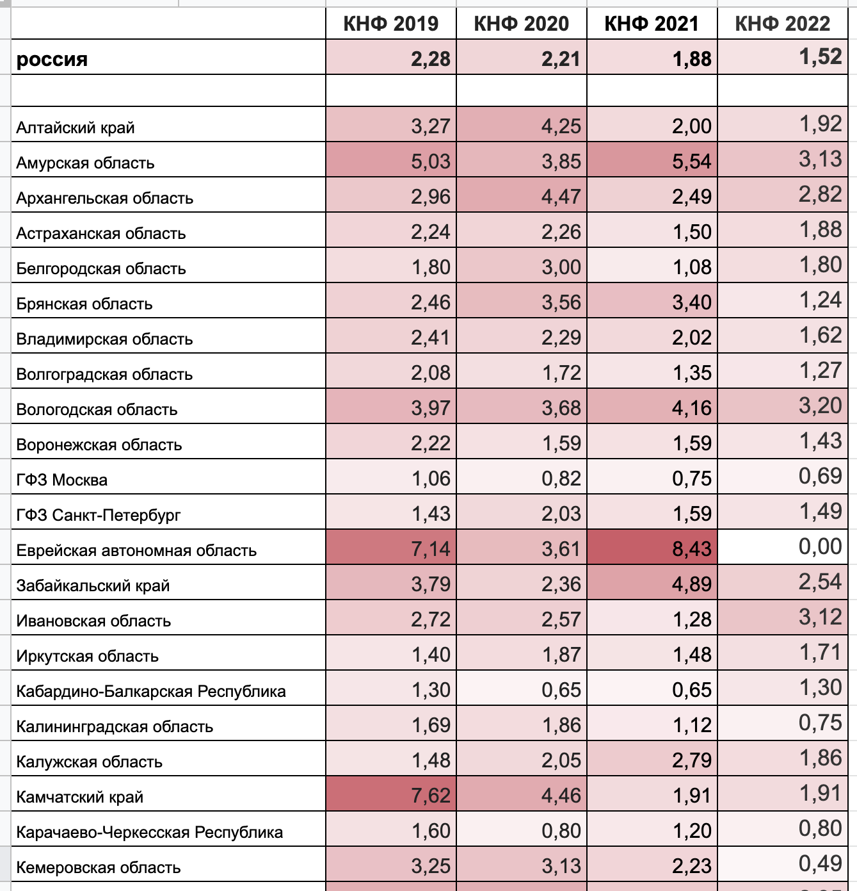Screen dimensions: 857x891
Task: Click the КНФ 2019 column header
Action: pyautogui.click(x=391, y=24)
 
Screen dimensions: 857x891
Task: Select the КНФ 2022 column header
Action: pyautogui.click(x=782, y=24)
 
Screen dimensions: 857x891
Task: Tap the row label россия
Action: pyautogui.click(x=52, y=59)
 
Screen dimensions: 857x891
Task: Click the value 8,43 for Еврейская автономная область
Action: pyautogui.click(x=691, y=548)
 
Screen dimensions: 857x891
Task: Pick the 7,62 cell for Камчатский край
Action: pyautogui.click(x=431, y=796)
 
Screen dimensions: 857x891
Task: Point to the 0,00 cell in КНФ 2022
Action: pyautogui.click(x=821, y=546)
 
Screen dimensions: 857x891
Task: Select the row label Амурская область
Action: pyautogui.click(x=85, y=163)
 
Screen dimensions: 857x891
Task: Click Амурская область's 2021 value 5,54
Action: pyautogui.click(x=691, y=161)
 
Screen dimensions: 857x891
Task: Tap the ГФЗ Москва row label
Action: pyautogui.click(x=62, y=480)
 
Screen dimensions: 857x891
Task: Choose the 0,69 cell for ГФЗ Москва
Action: pyautogui.click(x=821, y=476)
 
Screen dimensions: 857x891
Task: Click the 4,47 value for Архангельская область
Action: pyautogui.click(x=561, y=197)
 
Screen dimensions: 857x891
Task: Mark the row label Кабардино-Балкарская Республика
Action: pyautogui.click(x=151, y=691)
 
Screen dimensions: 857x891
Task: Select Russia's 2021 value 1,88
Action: pyautogui.click(x=692, y=59)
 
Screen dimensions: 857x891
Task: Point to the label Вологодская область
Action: pyautogui.click(x=97, y=409)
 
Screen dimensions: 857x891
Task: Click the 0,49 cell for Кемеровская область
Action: pyautogui.click(x=821, y=863)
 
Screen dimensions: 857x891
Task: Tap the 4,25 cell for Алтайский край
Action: pyautogui.click(x=561, y=126)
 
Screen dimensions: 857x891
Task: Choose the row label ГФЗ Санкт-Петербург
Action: pyautogui.click(x=99, y=515)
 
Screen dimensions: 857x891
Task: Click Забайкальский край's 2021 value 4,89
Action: pyautogui.click(x=691, y=584)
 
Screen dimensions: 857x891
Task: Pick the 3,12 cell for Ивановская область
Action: pyautogui.click(x=821, y=617)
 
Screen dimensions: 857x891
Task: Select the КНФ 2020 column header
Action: pyautogui.click(x=521, y=24)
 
